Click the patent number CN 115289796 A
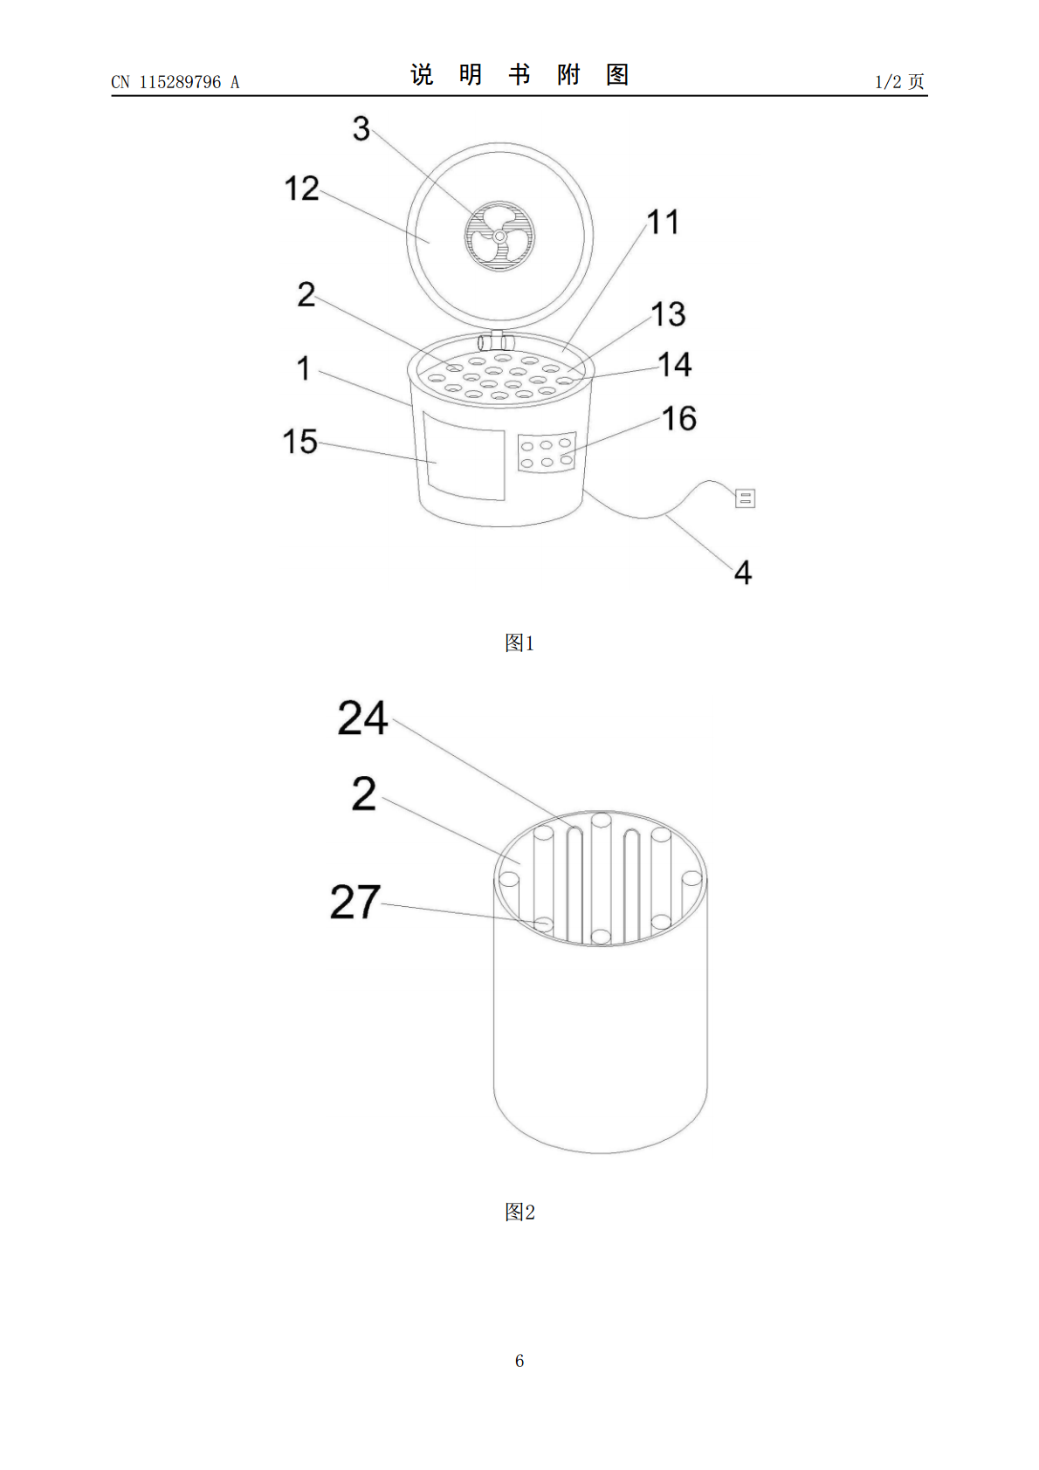175,82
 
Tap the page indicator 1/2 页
899,81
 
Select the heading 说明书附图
519,75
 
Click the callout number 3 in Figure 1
361,128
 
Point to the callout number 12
301,189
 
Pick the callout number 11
663,222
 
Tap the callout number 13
668,313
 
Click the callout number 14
675,364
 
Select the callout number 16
678,418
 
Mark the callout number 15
300,442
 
